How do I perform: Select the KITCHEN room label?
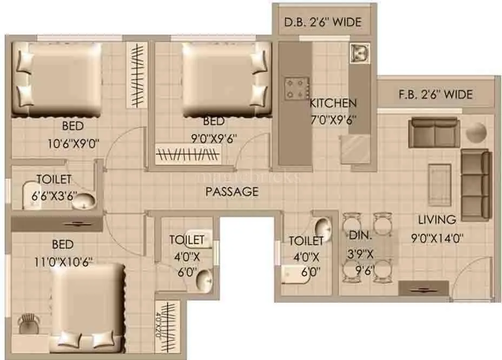(x=333, y=103)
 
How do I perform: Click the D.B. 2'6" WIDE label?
(x=322, y=23)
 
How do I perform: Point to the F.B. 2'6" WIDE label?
(x=435, y=95)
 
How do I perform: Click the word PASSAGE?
(x=231, y=191)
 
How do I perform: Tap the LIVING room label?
(x=437, y=219)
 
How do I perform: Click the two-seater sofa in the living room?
(x=433, y=132)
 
